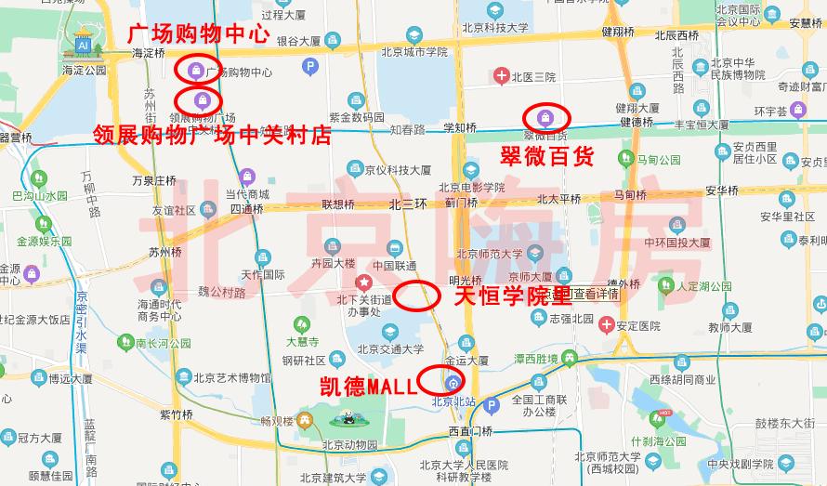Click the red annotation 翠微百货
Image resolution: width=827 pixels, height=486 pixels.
(546, 156)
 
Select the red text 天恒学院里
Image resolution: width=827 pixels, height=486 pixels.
(512, 297)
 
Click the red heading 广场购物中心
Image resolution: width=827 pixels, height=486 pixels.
(198, 35)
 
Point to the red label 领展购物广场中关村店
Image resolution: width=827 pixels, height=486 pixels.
(213, 136)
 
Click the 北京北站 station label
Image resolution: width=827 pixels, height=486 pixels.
(453, 401)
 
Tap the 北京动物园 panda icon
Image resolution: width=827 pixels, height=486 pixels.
(347, 418)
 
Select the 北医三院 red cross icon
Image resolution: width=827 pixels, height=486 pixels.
(501, 75)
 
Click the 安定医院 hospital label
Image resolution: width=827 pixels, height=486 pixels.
(637, 326)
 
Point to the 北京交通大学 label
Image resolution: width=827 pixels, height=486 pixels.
(390, 349)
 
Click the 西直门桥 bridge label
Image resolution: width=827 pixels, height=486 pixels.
(470, 430)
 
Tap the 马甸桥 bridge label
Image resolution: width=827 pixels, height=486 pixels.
(630, 195)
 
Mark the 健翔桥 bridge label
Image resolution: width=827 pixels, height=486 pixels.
(617, 32)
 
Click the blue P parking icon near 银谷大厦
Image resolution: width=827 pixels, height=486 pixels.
(310, 66)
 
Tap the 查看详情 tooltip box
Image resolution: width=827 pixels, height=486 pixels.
(595, 294)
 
